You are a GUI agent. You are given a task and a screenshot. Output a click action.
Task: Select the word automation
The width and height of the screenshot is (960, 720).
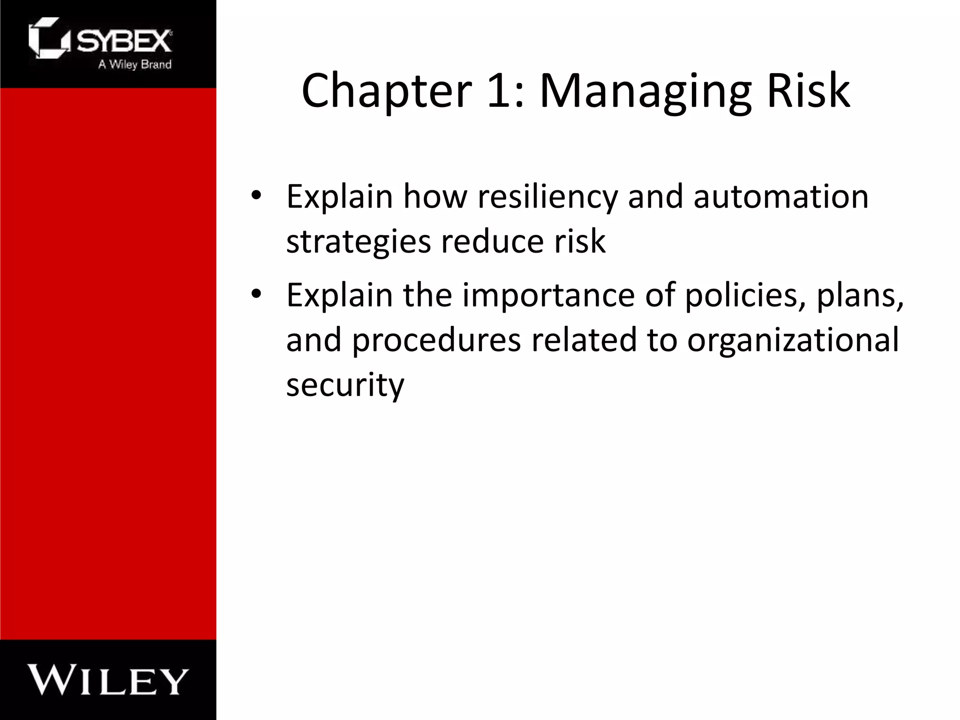(x=781, y=197)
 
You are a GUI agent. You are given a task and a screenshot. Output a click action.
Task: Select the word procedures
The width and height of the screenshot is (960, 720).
(x=436, y=341)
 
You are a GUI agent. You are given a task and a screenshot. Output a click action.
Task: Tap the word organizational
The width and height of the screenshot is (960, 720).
(x=793, y=341)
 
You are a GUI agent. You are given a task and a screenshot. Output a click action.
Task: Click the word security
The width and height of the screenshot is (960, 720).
(x=345, y=385)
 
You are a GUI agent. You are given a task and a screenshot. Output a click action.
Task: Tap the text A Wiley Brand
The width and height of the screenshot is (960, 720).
(x=135, y=65)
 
